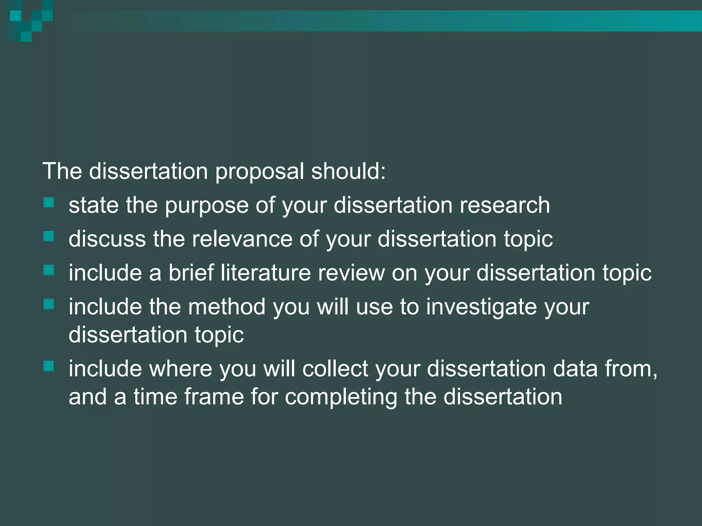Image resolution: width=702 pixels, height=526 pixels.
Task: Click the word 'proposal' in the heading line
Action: [x=259, y=172]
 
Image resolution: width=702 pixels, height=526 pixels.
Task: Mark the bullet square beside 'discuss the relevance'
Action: [x=49, y=236]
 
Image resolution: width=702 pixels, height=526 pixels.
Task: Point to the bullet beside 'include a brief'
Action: [x=49, y=270]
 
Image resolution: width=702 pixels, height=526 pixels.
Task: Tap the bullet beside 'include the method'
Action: [x=49, y=304]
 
